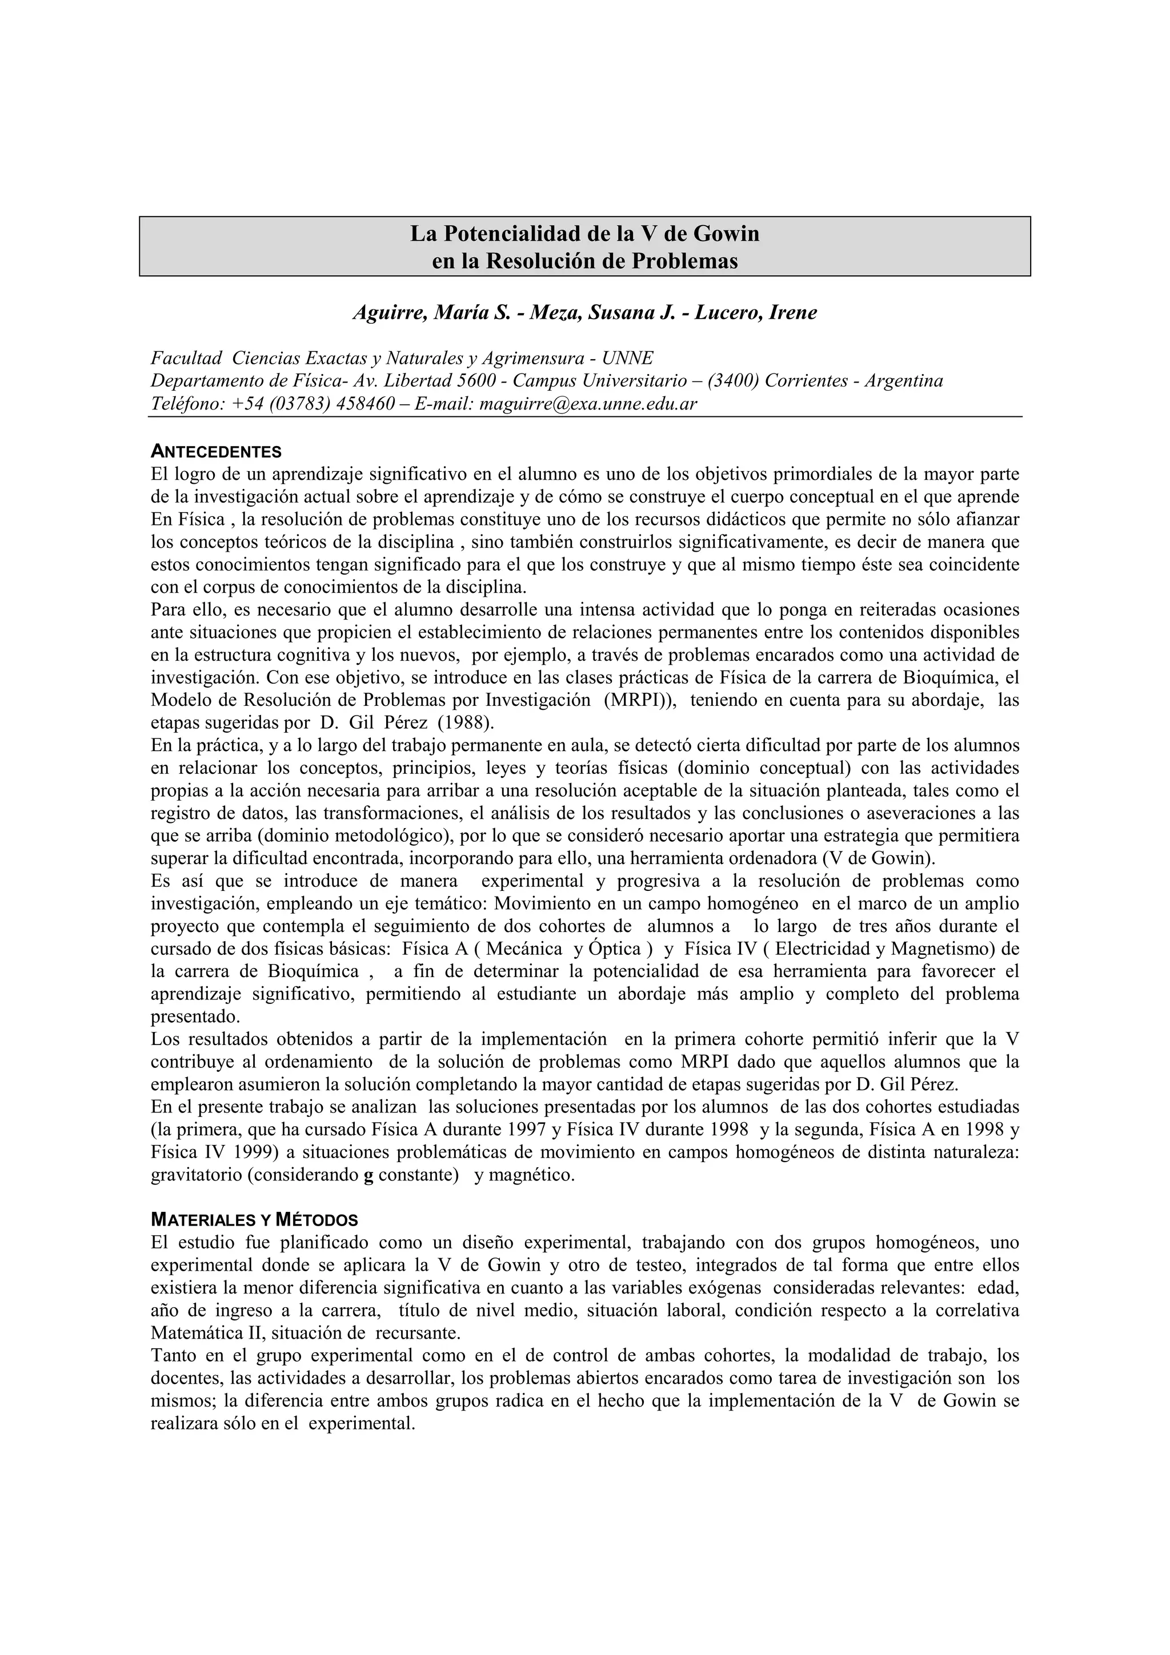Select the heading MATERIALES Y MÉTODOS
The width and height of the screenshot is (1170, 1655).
pyautogui.click(x=254, y=1220)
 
